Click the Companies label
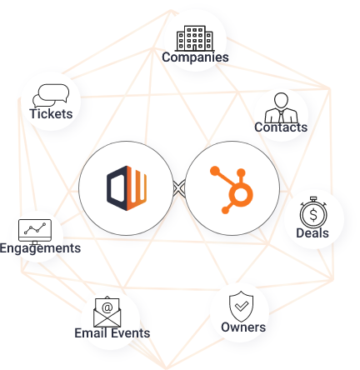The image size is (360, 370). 195,57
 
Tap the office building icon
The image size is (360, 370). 195,38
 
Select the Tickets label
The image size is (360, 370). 51,113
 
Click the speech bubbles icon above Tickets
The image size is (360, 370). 51,96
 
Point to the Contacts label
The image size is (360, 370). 281,127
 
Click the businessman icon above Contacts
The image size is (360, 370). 281,107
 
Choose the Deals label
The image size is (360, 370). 312,232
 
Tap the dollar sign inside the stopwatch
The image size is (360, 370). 313,215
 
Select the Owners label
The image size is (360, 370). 243,327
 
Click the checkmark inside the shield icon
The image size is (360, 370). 242,307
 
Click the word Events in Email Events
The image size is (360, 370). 130,332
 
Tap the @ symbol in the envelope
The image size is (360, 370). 107,307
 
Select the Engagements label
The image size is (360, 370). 40,248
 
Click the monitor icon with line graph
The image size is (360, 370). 35,232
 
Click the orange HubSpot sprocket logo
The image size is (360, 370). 232,190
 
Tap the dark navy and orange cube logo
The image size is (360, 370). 127,188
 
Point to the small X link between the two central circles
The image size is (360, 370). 179,188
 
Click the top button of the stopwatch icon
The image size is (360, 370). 313,198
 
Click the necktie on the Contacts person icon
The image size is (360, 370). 282,116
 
